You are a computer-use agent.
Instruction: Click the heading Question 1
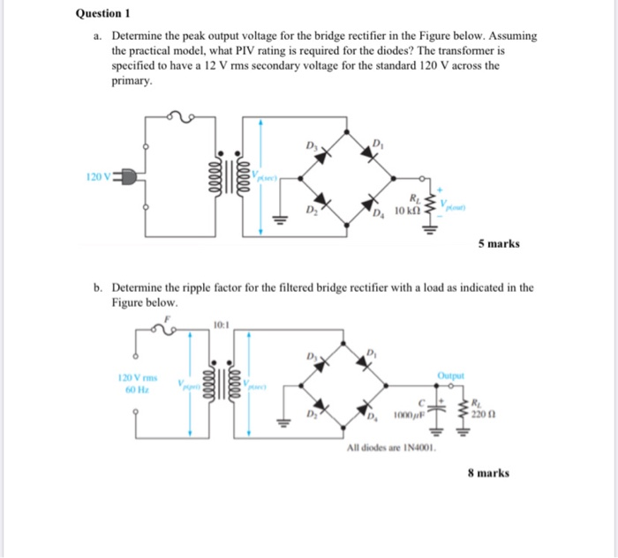coord(104,13)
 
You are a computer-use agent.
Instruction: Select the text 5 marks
coord(500,243)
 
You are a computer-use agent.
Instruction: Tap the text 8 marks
coord(488,472)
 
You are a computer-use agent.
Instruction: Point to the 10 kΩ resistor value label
coord(406,212)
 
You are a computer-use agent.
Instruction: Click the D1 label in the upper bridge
coord(378,143)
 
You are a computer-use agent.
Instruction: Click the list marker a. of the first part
coord(99,36)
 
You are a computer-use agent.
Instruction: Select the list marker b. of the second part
coord(99,287)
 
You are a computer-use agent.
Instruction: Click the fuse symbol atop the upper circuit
coord(179,116)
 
